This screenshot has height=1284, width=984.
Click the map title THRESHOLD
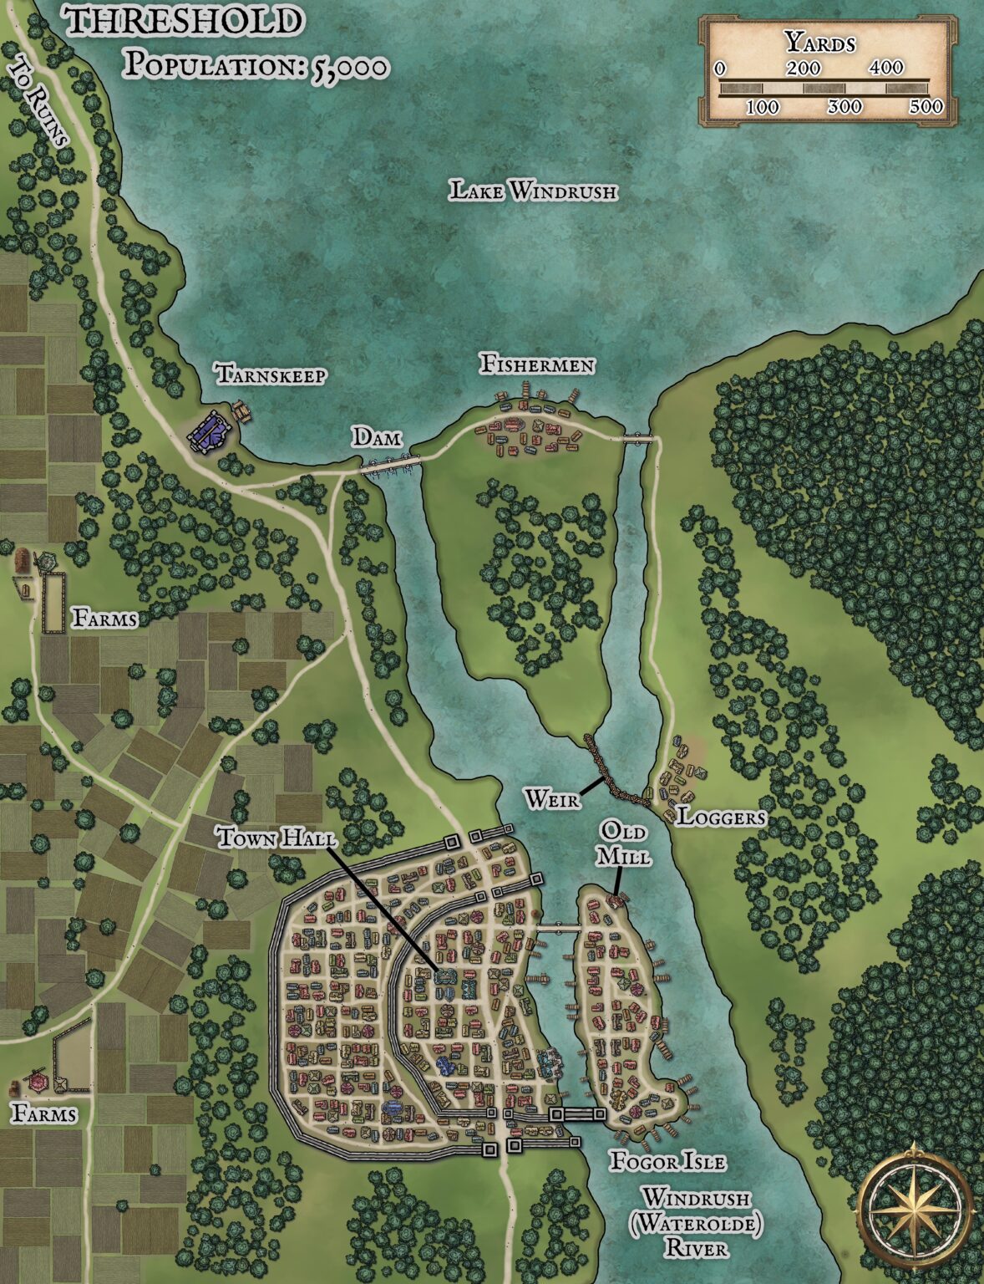184,21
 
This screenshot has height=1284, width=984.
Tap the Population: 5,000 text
256,65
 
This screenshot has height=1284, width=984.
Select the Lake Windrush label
534,191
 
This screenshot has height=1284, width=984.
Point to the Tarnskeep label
271,374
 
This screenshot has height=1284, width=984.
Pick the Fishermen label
537,365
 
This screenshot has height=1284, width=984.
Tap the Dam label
376,436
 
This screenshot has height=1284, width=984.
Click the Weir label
551,799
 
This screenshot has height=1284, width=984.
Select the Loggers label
720,817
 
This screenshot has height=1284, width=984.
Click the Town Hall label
276,838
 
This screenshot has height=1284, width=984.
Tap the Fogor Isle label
667,1161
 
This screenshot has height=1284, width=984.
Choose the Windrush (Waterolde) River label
696,1223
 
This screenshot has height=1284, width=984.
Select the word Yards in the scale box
820,42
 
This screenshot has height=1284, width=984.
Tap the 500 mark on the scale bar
926,106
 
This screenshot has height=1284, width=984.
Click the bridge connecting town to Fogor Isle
558,928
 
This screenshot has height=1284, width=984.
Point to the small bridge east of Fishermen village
637,437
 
